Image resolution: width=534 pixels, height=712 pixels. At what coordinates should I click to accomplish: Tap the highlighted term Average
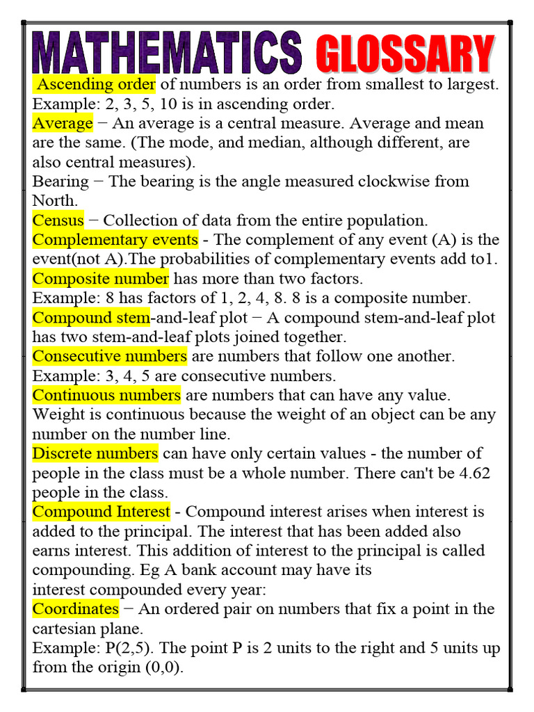coord(63,124)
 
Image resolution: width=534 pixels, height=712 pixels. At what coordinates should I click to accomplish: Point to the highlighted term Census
coord(58,220)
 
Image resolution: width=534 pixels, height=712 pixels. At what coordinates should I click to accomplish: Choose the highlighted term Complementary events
coord(115,240)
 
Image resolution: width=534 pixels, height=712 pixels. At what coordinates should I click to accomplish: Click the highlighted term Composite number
coord(101,279)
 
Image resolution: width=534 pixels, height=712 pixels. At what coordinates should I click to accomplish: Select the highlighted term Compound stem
coord(90,318)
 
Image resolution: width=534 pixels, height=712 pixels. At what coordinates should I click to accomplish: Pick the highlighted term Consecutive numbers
coord(110,356)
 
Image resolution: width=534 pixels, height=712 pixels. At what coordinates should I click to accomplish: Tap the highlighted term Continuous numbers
coord(106,395)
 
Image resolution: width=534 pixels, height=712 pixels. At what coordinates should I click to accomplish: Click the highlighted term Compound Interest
coord(102,512)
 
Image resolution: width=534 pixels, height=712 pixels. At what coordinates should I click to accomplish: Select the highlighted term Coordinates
coord(76,609)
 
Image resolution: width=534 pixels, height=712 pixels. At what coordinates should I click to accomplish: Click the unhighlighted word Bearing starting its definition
coord(60,181)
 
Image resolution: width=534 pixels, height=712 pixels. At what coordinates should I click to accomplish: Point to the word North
coord(53,201)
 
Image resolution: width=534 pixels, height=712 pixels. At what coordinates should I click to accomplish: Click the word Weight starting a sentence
coord(57,414)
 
